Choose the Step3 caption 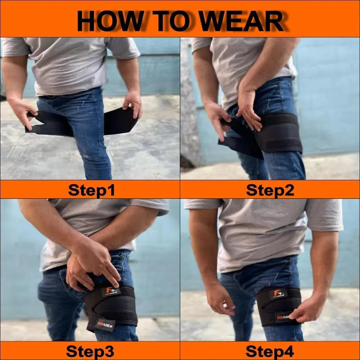point(90,351)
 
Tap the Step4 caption point(270,351)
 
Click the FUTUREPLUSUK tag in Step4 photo point(284,316)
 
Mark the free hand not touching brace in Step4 point(220,302)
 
